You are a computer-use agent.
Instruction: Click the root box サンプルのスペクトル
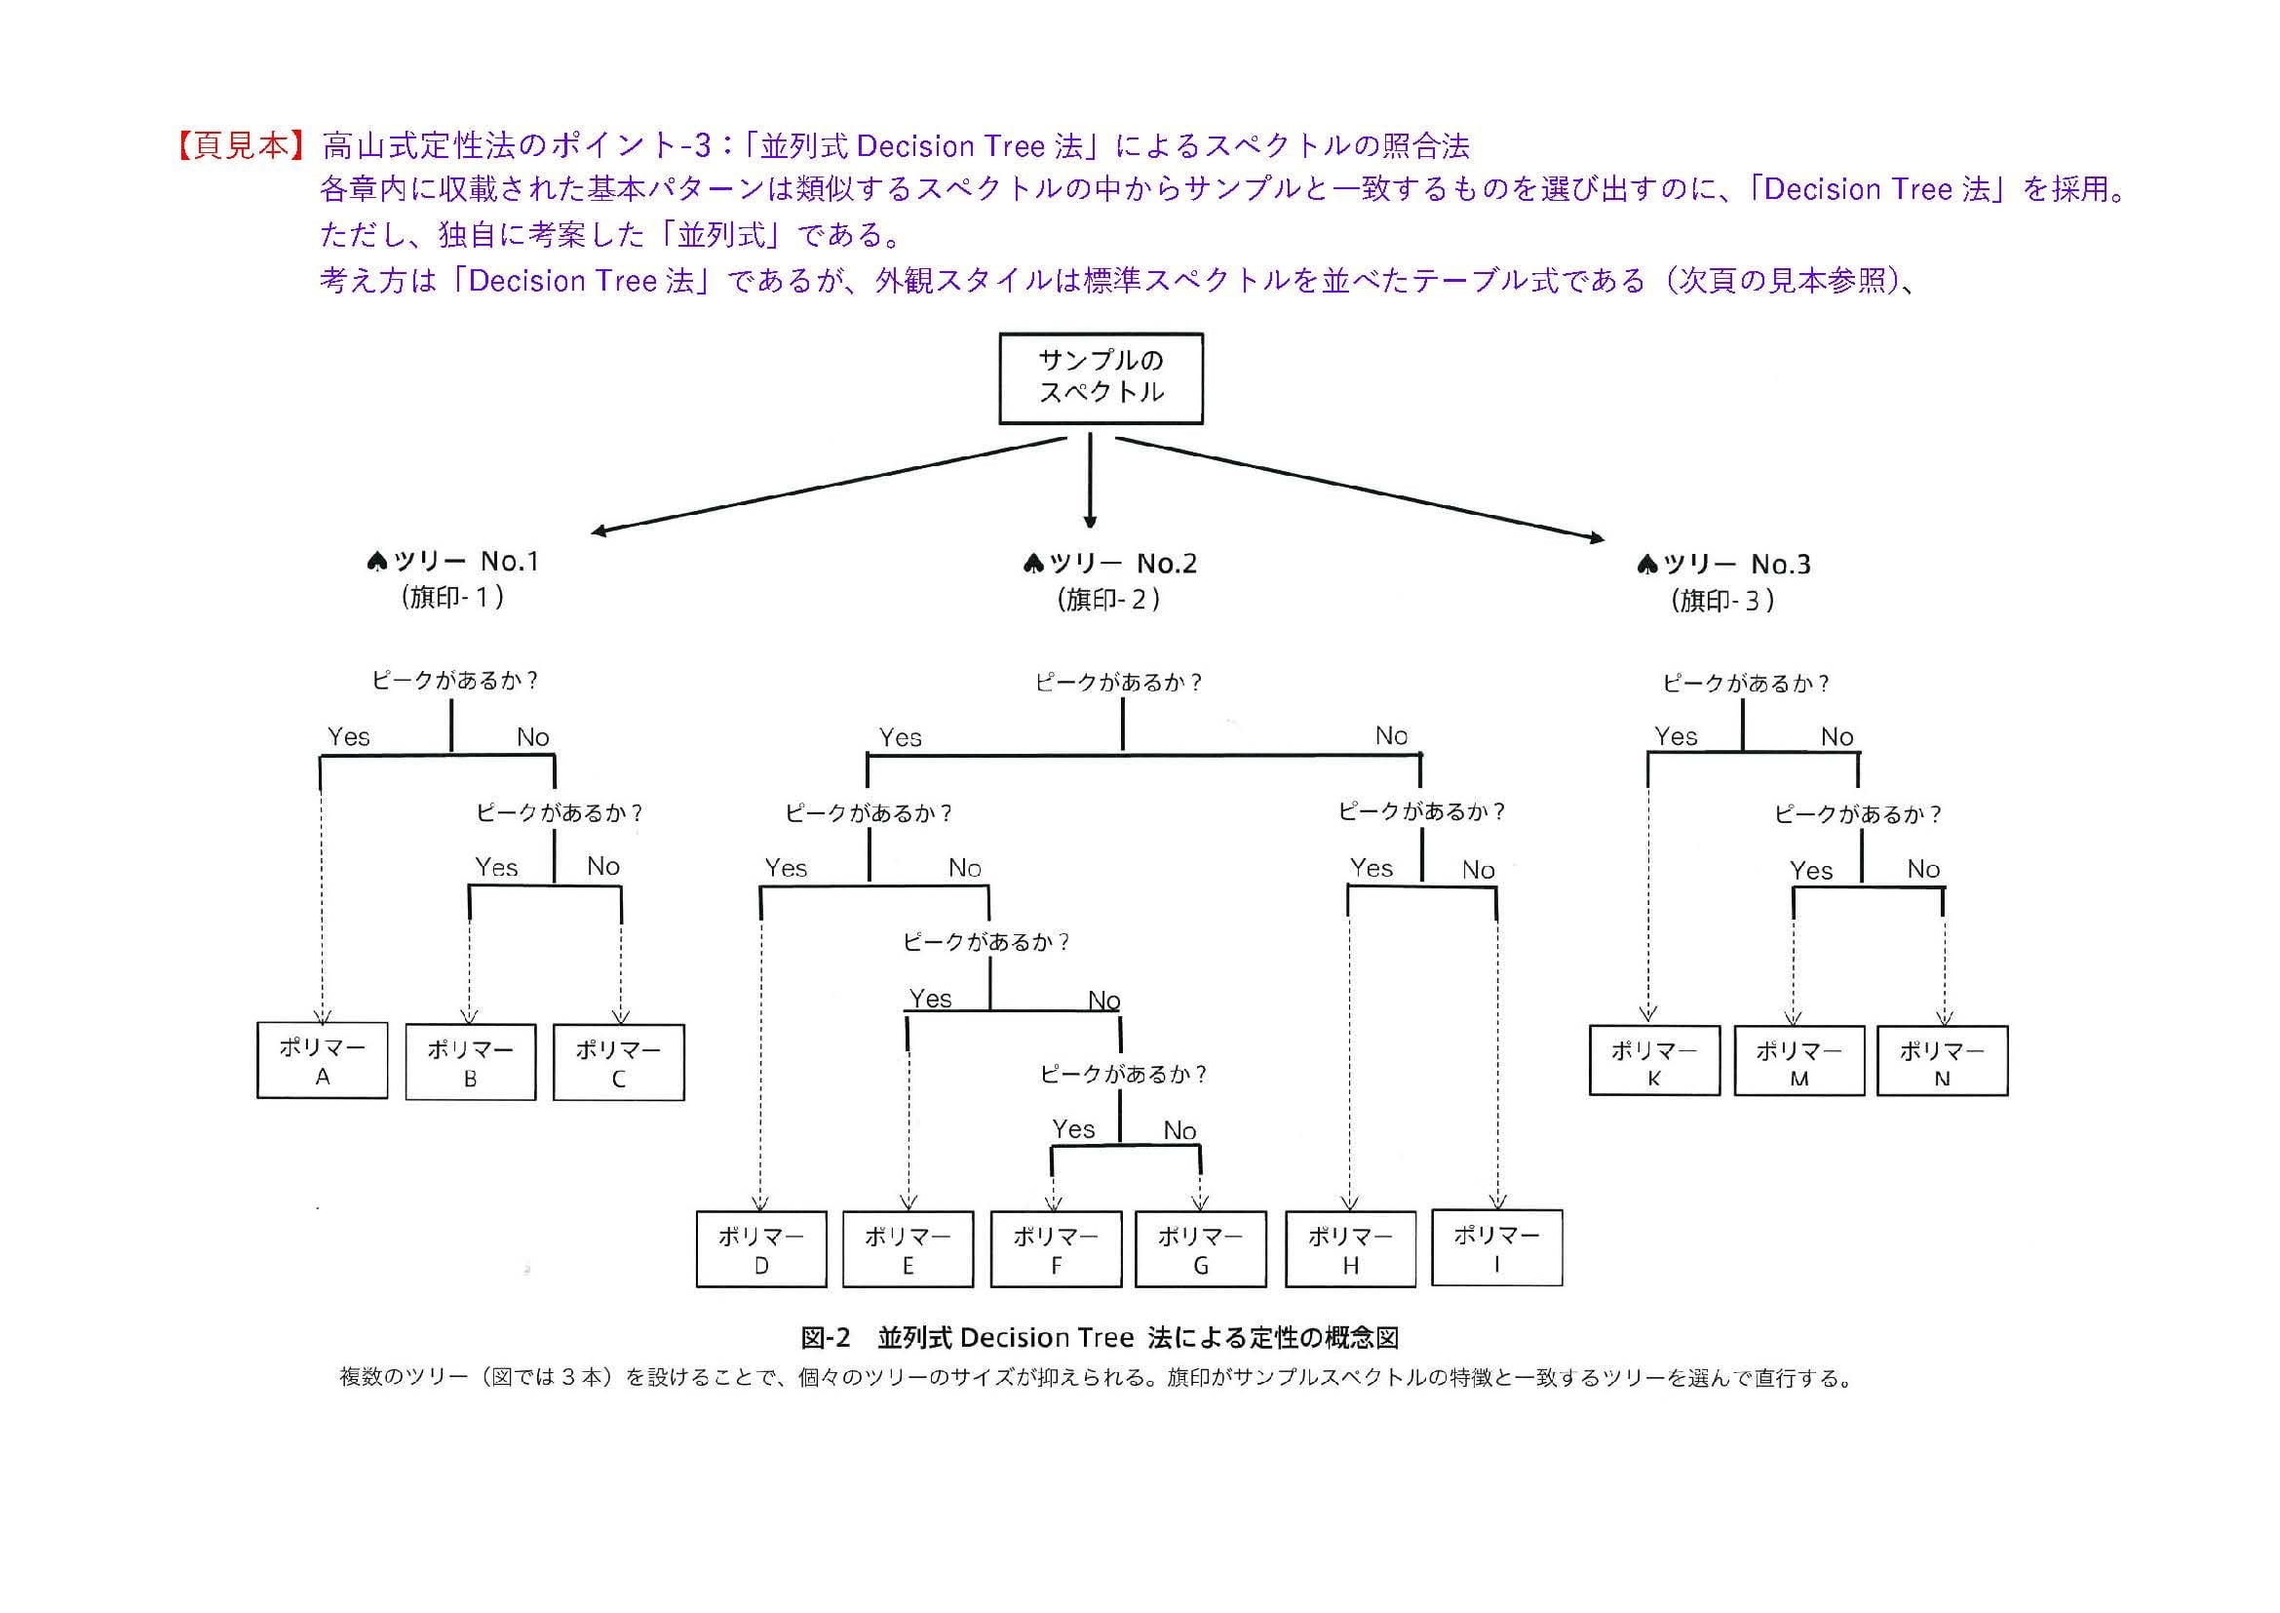point(1101,378)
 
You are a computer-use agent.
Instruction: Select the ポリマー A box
point(322,1061)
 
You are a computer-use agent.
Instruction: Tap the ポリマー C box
point(618,1063)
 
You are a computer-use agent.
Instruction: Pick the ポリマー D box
point(760,1249)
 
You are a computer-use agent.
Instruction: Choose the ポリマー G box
point(1200,1249)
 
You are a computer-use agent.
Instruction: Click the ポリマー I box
point(1496,1248)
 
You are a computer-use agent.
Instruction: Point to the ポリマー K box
point(1653,1061)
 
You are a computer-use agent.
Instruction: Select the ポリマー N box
point(1942,1062)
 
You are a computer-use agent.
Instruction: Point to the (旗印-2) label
point(1109,600)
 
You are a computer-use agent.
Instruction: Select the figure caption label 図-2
point(826,1338)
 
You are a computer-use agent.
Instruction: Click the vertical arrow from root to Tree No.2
point(1091,479)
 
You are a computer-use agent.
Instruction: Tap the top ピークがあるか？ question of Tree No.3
point(1746,684)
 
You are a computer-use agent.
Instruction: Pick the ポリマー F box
point(1056,1249)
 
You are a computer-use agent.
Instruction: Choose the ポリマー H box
point(1349,1249)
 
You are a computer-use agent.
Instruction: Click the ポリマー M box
point(1798,1062)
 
